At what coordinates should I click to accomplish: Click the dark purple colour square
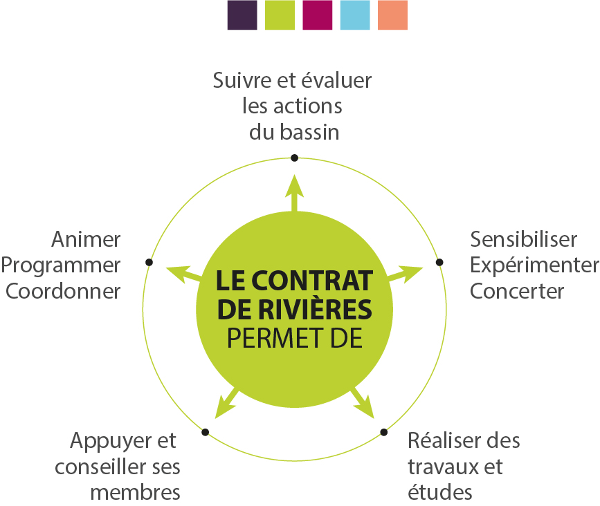242,15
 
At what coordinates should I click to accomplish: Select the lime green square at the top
280,15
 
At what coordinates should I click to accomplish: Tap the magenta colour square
318,15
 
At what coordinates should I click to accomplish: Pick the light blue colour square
355,15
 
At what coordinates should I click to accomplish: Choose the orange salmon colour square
392,15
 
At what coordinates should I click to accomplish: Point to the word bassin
309,132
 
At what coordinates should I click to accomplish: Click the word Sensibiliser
524,240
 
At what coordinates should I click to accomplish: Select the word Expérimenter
534,265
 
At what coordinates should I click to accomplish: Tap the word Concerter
517,290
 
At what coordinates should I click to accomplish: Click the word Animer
86,240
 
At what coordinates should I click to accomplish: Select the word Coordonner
64,290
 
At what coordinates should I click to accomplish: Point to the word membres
136,492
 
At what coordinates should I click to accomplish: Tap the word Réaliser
436,441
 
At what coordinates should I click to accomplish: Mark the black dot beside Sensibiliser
439,262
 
